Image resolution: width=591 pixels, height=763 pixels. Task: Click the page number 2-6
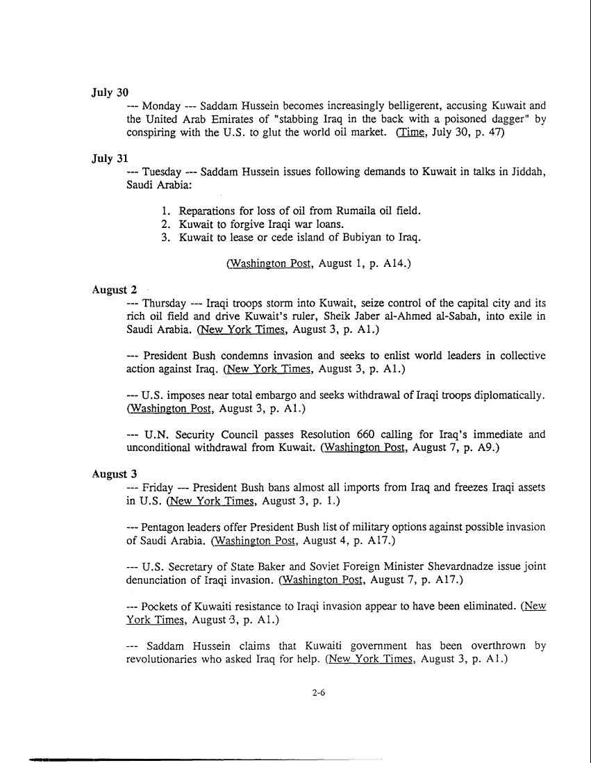319,692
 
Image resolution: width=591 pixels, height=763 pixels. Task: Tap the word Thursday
164,304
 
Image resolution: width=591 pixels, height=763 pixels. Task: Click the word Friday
157,488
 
